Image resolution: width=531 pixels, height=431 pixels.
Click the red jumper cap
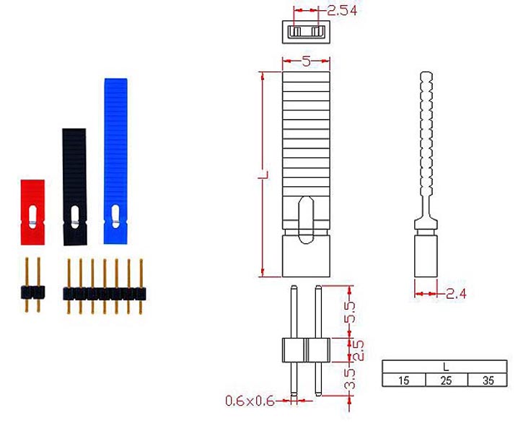click(32, 212)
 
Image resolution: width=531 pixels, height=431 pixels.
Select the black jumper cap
click(74, 187)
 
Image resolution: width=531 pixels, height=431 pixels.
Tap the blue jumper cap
click(115, 161)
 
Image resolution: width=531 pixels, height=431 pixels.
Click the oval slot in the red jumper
click(32, 217)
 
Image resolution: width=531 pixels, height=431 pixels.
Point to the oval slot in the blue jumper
click(115, 216)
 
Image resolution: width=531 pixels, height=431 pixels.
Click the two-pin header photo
click(32, 285)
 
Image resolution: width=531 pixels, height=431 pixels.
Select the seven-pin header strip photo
click(105, 287)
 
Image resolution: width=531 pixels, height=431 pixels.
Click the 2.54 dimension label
click(342, 11)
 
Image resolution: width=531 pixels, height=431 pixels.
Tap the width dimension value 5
click(306, 61)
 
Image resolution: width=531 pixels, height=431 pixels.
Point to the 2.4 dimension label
click(456, 293)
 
